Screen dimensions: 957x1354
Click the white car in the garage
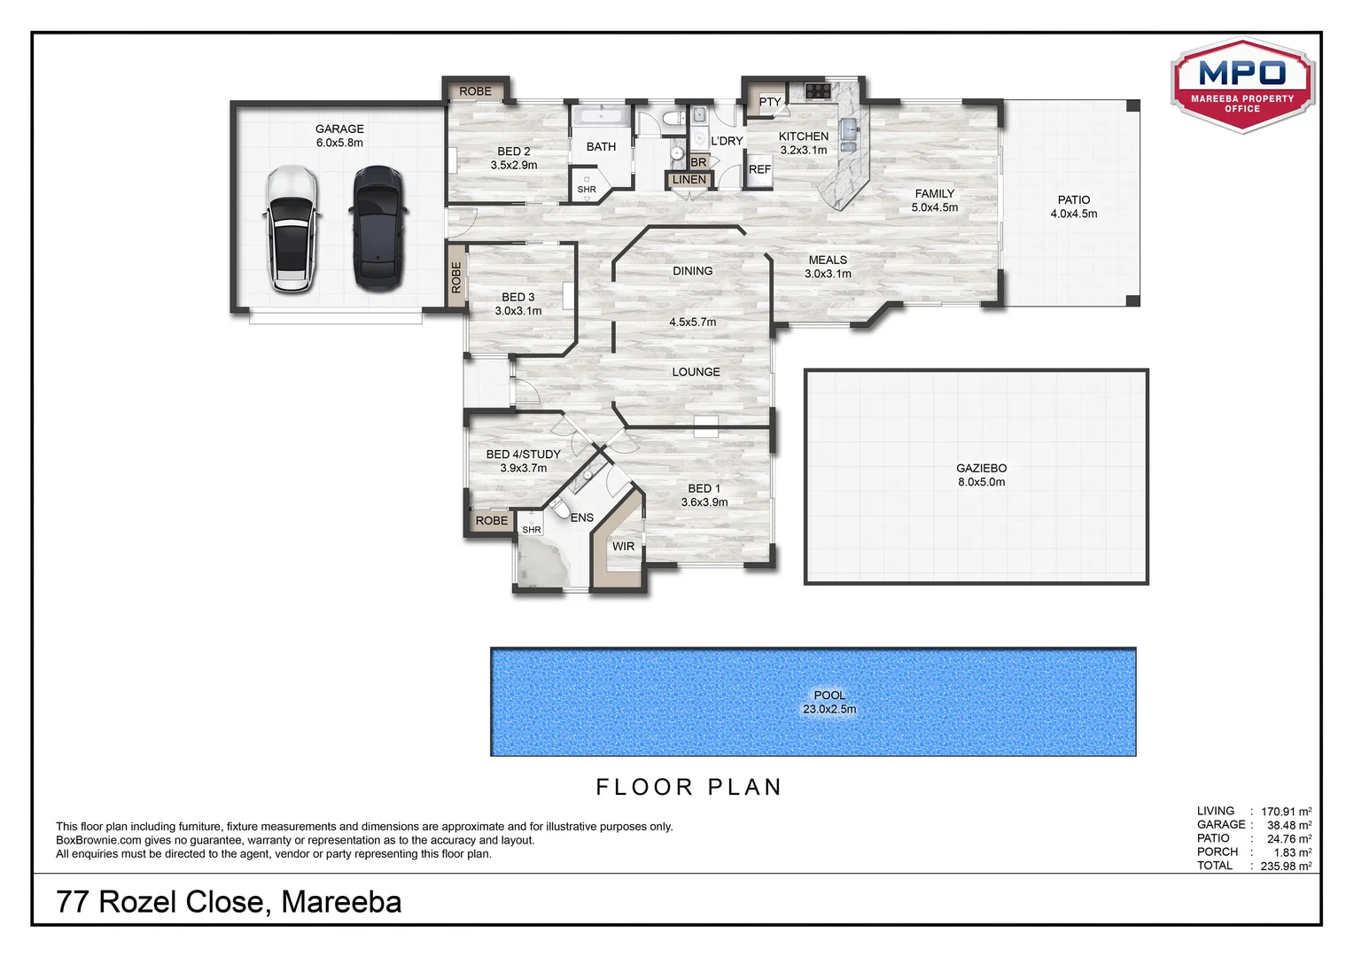point(292,230)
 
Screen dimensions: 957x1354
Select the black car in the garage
point(378,229)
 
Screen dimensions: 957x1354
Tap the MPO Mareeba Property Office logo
point(1242,85)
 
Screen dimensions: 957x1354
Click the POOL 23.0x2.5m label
point(829,702)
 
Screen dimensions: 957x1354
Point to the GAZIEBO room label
point(981,469)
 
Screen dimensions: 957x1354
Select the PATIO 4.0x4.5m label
point(1073,206)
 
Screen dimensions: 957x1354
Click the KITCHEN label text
point(804,136)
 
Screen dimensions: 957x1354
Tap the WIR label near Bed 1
point(623,547)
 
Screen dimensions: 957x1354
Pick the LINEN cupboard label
point(689,180)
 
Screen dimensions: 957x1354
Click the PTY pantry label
point(770,102)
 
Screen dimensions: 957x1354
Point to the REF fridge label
point(759,169)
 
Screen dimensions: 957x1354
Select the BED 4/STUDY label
point(523,455)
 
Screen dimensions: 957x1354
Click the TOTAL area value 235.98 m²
point(1286,867)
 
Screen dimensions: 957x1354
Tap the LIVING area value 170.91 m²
point(1286,812)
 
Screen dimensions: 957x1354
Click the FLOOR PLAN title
point(689,787)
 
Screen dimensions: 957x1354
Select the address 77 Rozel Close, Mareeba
point(229,902)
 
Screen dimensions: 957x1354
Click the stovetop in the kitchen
point(817,89)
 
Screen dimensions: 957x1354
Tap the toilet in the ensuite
point(560,510)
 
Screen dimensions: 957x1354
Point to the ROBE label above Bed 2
point(475,91)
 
